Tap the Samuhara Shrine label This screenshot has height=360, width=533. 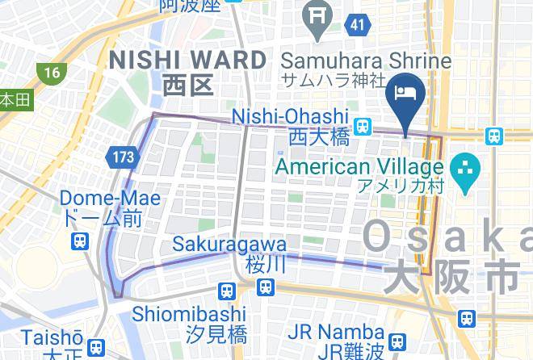pos(365,61)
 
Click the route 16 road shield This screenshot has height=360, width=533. pos(52,73)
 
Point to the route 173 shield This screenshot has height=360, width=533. pos(124,157)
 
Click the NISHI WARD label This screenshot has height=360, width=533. pos(187,59)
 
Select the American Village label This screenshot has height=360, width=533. pos(359,166)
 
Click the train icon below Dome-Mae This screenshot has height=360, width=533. pos(80,241)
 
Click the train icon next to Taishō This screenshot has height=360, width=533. pos(96,348)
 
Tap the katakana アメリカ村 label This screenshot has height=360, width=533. pos(399,186)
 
